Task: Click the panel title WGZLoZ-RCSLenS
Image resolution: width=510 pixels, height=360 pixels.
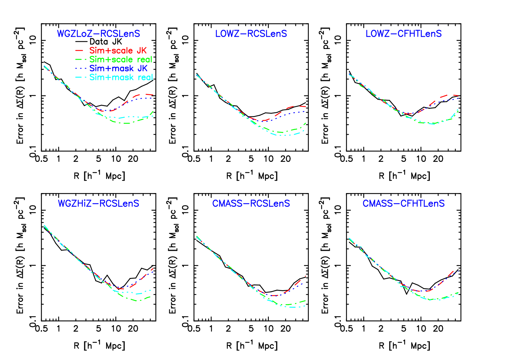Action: click(x=98, y=34)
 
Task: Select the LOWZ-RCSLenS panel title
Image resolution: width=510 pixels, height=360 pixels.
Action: click(x=251, y=34)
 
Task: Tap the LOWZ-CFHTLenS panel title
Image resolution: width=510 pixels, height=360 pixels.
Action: click(x=404, y=34)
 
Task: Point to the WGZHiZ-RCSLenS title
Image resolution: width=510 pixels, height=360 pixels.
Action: click(x=98, y=203)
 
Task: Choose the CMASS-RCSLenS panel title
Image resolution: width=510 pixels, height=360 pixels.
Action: click(x=251, y=203)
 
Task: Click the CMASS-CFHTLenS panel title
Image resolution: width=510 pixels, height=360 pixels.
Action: click(x=404, y=203)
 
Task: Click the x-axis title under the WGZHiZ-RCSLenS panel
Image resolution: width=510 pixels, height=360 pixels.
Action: click(x=99, y=345)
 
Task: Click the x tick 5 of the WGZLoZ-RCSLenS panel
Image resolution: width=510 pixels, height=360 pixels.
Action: click(x=98, y=159)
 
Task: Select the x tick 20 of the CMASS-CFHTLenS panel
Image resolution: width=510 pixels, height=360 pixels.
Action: click(x=438, y=328)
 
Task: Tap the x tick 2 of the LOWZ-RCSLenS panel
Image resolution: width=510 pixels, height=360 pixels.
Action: click(x=228, y=159)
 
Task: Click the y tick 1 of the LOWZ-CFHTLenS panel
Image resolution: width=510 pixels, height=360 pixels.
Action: click(x=338, y=96)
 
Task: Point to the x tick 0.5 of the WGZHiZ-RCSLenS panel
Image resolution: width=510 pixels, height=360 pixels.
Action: click(x=41, y=328)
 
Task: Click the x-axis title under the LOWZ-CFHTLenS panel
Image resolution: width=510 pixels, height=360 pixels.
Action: click(x=404, y=176)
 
